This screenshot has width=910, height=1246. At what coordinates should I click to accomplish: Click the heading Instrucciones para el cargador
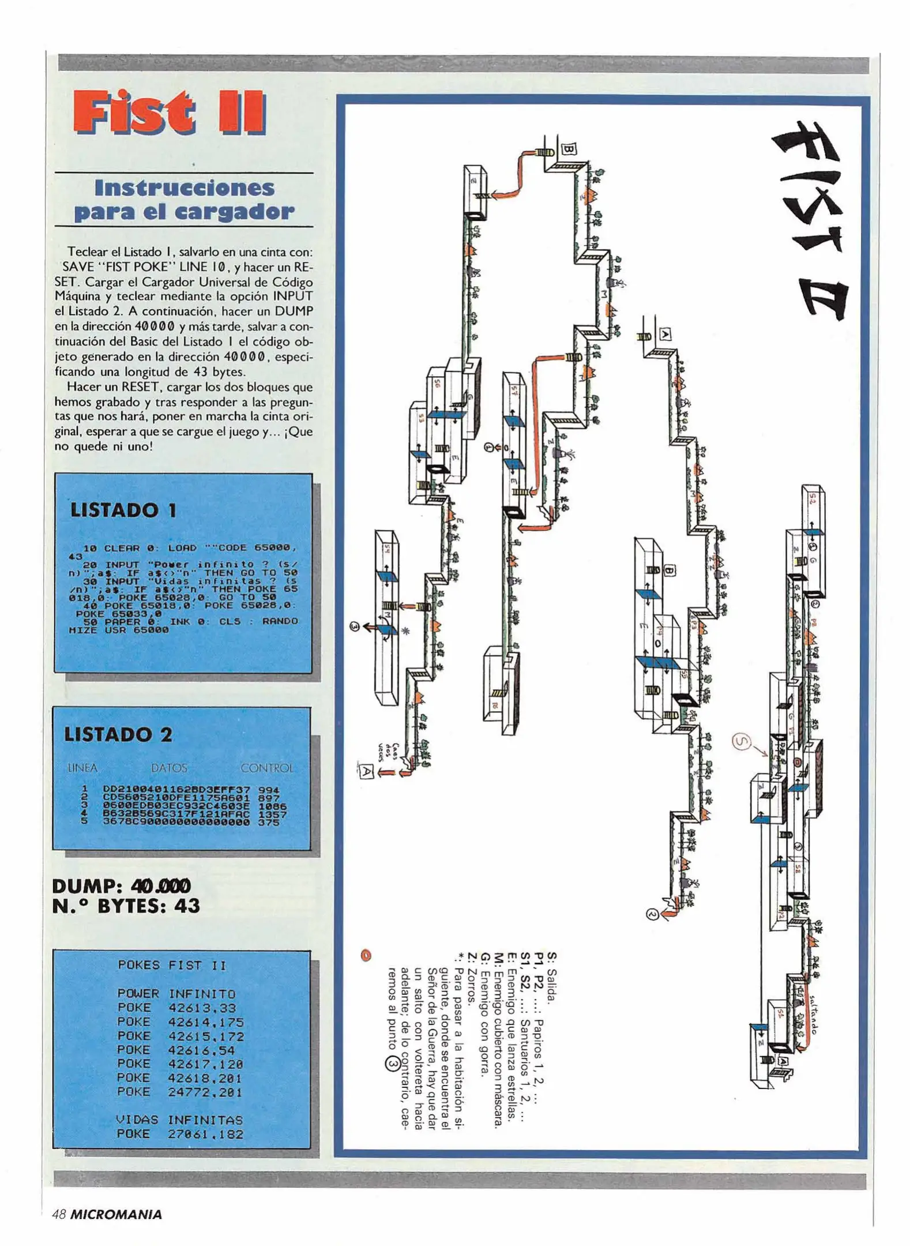pos(185,200)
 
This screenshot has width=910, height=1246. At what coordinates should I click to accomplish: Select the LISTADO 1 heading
pos(123,510)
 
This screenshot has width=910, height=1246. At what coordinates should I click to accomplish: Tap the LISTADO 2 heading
pos(118,734)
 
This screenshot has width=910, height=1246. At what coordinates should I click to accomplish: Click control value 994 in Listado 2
pos(269,790)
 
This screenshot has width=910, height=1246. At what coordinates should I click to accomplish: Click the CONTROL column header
pos(267,768)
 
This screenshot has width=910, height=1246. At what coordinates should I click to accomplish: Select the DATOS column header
pos(169,768)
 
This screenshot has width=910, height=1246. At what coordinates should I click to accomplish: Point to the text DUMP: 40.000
pos(121,885)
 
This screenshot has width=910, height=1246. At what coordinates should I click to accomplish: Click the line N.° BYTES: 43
pos(126,906)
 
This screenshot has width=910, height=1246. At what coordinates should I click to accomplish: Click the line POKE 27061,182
pos(180,1134)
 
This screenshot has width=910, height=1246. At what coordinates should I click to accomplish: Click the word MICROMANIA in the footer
pos(116,1214)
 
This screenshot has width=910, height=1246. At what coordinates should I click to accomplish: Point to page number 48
pos(58,1214)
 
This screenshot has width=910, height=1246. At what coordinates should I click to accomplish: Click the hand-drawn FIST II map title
pos(811,219)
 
